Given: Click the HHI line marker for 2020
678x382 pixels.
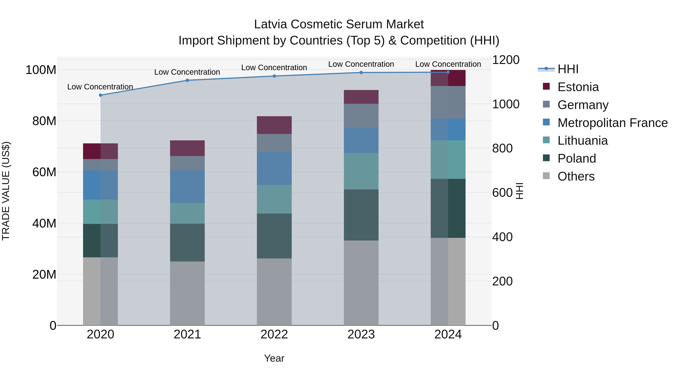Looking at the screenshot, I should point(101,95).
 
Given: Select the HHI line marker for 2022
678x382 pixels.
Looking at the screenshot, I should point(274,76).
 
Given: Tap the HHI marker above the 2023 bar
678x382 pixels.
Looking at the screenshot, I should point(361,72).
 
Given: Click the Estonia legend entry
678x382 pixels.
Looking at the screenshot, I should point(578,87).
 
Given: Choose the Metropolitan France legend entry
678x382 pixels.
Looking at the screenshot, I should point(612,123).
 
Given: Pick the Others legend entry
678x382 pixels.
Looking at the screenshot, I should point(576,176).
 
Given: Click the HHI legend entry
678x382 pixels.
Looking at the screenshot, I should point(568,69).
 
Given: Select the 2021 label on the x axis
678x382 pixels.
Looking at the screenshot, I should point(187,334).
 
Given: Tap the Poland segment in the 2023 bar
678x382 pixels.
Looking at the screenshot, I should point(361,215).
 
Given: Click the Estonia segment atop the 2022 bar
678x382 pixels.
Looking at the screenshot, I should point(274,125).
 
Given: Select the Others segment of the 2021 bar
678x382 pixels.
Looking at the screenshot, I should point(187,293).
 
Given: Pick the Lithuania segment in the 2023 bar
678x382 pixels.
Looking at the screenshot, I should point(361,171).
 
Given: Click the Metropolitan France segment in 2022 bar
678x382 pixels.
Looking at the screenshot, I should point(274,168).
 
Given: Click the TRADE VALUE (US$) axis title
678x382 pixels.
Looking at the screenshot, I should point(6,191).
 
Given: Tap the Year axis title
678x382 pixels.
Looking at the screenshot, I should point(274,358).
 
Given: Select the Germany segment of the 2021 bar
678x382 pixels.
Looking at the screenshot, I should point(187,163).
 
